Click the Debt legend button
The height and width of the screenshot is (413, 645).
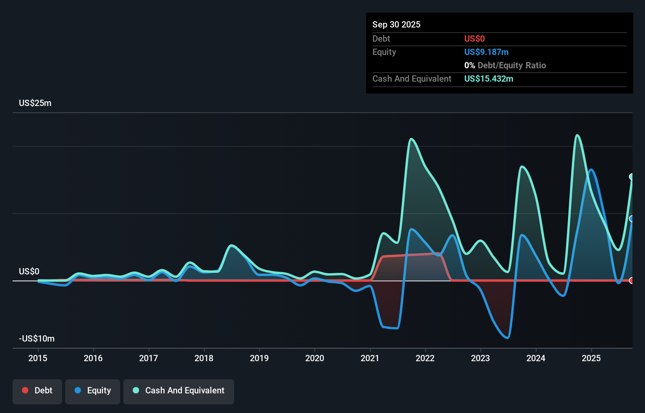pos(37,391)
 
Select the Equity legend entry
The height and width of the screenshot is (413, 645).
pos(93,391)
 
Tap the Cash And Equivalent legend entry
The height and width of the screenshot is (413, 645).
pos(179,391)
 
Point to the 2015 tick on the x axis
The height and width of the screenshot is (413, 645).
pos(38,358)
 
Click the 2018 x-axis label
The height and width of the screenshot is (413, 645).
pos(204,358)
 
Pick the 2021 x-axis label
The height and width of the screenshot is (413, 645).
pos(370,358)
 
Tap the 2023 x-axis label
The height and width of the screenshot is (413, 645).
pos(480,358)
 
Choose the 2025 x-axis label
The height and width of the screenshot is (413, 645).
pos(591,358)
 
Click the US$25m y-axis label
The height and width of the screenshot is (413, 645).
pos(35,103)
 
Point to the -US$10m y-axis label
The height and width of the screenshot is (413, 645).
pos(37,338)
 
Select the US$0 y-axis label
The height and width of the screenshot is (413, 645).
pos(29,271)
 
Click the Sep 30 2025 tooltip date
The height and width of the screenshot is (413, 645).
pos(396,24)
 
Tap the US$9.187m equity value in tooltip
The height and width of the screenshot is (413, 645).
pos(486,52)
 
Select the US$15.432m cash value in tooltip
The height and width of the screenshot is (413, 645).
pos(489,79)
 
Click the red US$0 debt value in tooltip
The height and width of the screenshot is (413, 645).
pos(474,38)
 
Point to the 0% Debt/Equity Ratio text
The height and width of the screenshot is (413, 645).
pos(505,65)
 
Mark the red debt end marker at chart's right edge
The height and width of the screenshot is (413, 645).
pos(632,280)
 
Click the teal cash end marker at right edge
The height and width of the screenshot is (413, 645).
pos(632,177)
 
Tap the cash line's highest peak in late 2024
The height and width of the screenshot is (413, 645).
pos(577,135)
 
